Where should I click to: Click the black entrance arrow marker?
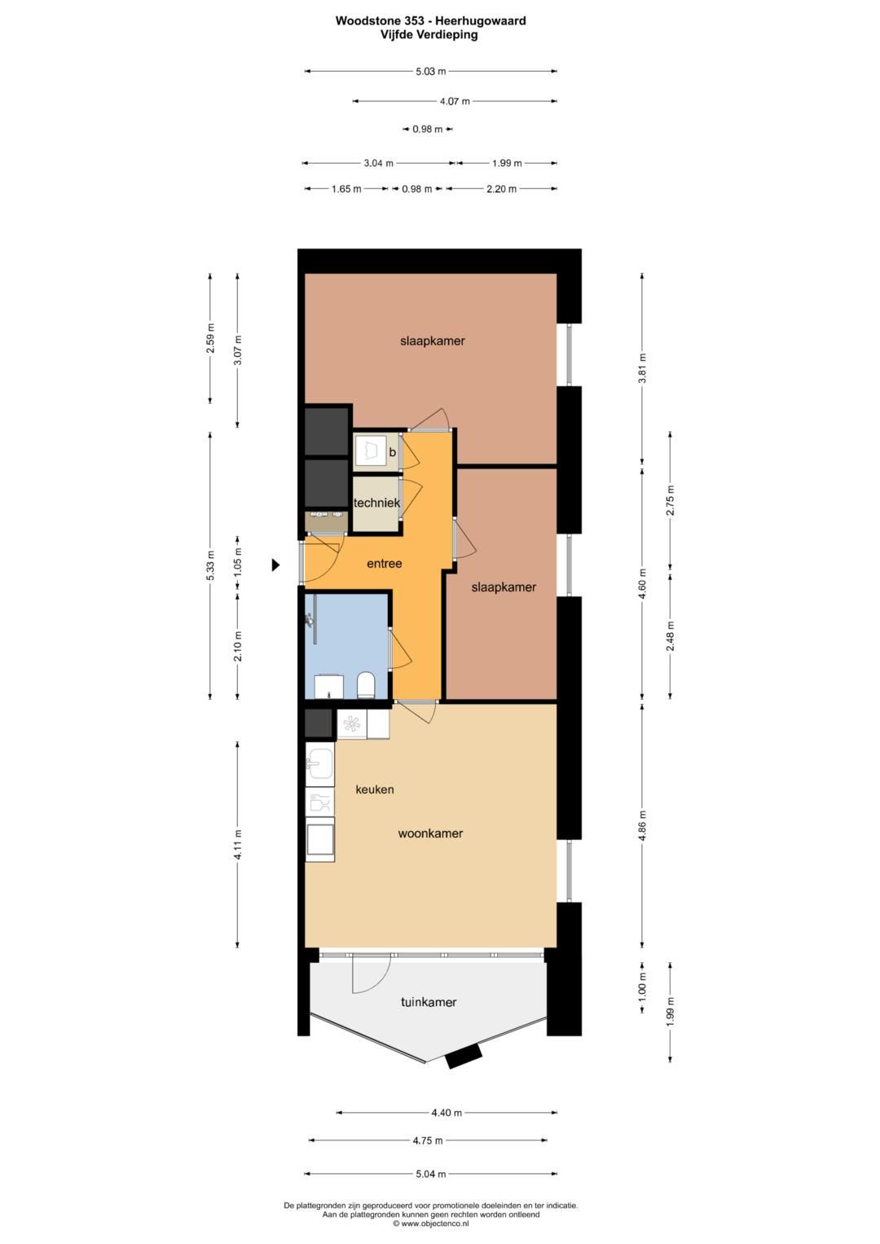[x=276, y=564]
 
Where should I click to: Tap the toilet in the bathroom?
[x=366, y=685]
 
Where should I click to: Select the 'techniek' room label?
[x=376, y=503]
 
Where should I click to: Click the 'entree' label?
[x=384, y=564]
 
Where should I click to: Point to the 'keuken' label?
[x=375, y=789]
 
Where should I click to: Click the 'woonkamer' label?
[x=430, y=833]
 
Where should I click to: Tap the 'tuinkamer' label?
[x=428, y=1002]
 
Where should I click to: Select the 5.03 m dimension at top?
[x=430, y=72]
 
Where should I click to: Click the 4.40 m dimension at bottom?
[x=447, y=1113]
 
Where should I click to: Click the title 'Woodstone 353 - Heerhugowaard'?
[x=430, y=21]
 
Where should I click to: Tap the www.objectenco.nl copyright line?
[x=430, y=1224]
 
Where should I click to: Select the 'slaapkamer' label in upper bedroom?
[x=432, y=341]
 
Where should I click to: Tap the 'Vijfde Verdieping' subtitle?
[x=430, y=35]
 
